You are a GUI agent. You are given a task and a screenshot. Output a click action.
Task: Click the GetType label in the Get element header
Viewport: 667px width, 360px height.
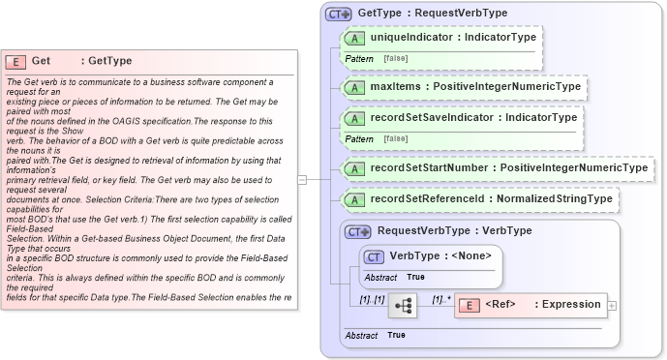tap(110, 61)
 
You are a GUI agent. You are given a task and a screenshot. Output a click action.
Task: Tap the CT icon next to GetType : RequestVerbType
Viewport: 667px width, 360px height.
tap(338, 14)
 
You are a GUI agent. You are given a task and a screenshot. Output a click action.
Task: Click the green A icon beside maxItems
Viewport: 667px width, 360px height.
tap(354, 87)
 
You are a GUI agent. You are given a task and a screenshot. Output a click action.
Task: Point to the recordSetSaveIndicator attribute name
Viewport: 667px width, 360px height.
tap(431, 117)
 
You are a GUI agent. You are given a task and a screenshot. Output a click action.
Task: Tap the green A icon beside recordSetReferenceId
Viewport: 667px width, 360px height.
tap(354, 199)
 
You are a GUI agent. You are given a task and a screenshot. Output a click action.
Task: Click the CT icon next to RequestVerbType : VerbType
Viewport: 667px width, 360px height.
tap(358, 231)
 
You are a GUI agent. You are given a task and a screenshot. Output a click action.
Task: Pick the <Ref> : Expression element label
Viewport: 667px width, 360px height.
tap(542, 305)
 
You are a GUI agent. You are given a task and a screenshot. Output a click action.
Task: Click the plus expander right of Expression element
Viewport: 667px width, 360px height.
tap(613, 306)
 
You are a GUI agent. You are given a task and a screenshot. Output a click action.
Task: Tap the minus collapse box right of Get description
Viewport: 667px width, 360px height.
tap(302, 179)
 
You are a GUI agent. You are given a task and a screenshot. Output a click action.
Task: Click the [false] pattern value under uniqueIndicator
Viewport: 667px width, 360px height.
tap(395, 59)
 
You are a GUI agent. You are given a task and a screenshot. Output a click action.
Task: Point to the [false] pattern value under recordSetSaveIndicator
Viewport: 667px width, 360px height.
tap(395, 139)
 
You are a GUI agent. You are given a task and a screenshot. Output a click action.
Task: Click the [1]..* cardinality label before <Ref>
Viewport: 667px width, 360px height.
tap(441, 299)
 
